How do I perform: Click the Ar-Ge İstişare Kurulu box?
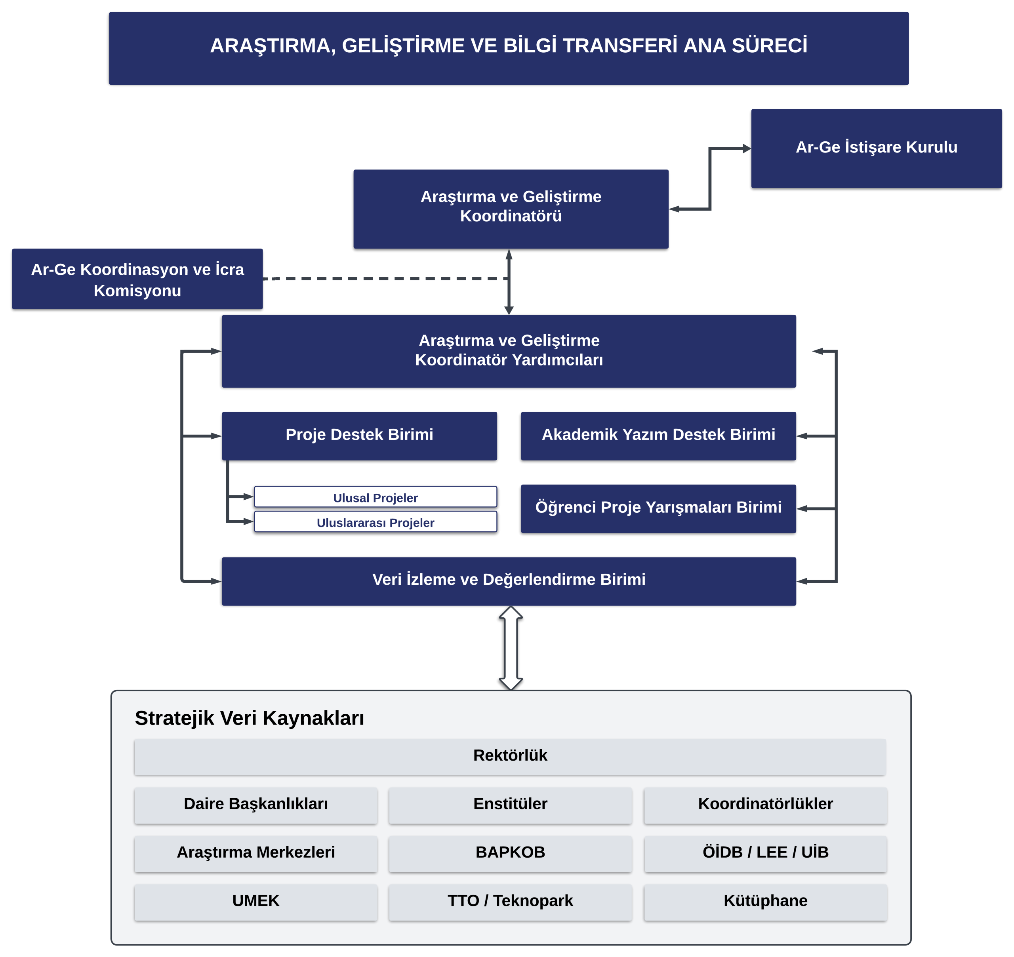876,148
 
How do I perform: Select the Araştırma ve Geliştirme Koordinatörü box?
511,209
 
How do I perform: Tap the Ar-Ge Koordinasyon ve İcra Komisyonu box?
137,279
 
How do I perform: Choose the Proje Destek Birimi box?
359,436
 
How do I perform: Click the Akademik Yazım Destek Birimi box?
658,436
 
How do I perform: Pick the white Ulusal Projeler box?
375,497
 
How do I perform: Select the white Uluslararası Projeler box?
375,522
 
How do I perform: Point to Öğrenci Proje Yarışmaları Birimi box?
658,508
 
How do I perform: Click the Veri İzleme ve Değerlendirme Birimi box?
509,581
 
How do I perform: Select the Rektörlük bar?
510,756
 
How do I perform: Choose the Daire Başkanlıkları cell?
255,805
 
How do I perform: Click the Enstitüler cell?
510,805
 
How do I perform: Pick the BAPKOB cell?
510,853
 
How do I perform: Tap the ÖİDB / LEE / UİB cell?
766,853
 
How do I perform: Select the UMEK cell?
255,902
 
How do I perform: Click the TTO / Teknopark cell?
510,902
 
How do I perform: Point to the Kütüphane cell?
766,902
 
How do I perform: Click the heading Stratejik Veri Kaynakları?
250,718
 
